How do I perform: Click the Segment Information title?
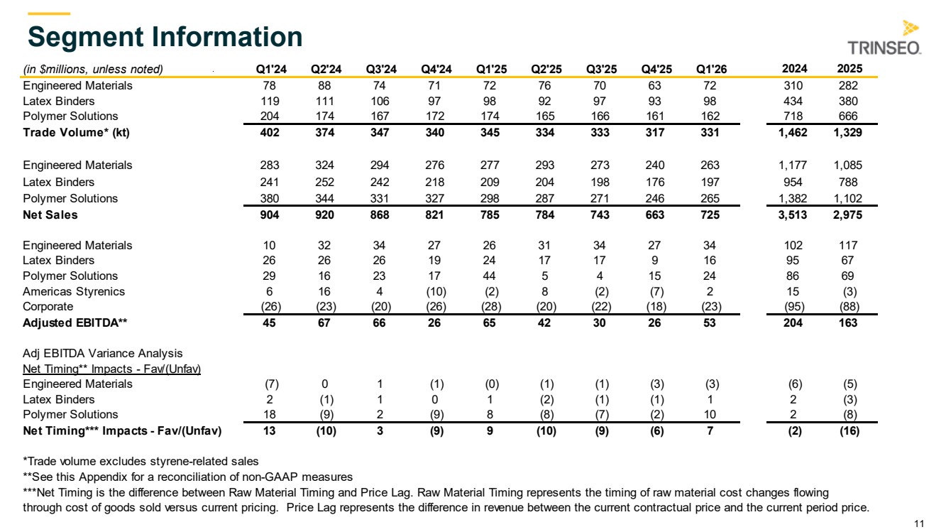(x=165, y=37)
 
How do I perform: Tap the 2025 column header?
(x=849, y=68)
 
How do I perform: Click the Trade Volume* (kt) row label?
(x=77, y=133)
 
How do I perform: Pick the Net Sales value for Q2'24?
(x=324, y=215)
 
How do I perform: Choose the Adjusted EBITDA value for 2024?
(x=793, y=323)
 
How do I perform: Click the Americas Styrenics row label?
(x=74, y=291)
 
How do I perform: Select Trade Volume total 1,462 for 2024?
(x=793, y=133)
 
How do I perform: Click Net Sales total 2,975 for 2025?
(x=847, y=215)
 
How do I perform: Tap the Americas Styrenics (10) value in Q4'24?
(x=436, y=291)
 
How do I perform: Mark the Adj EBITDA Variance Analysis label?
(x=103, y=353)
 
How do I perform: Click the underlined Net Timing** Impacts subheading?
(x=112, y=369)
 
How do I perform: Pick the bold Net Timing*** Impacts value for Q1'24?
(x=269, y=431)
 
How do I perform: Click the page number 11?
(x=919, y=524)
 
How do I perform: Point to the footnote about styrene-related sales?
(x=141, y=462)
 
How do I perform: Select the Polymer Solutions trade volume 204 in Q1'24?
(x=270, y=116)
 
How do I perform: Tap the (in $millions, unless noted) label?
(x=93, y=70)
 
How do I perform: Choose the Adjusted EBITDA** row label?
(x=75, y=323)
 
